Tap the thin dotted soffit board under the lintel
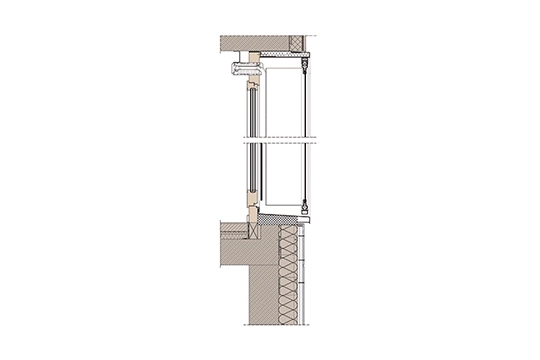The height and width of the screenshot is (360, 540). (290, 56)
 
